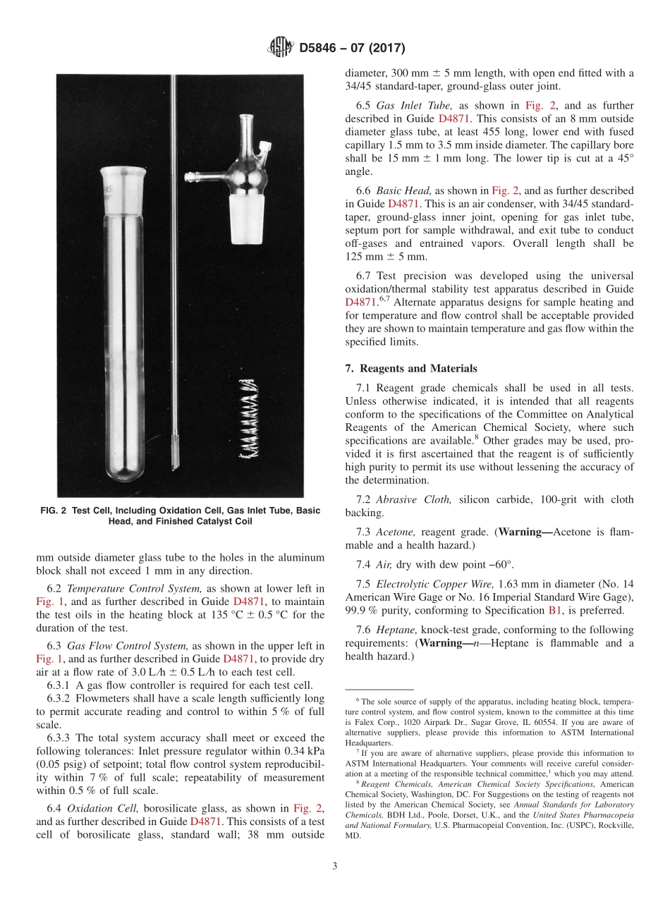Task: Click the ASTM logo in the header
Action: tap(282, 48)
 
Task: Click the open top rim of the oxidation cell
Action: tap(123, 171)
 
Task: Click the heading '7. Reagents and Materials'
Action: tap(407, 368)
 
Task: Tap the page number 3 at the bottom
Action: tap(335, 866)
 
